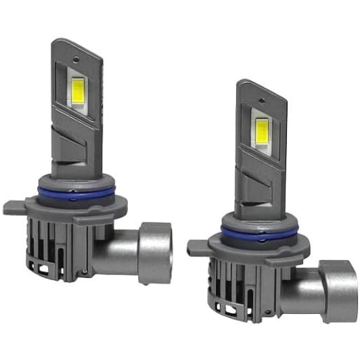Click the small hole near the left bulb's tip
79,50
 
